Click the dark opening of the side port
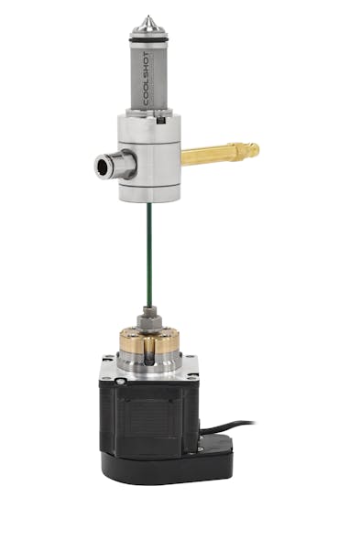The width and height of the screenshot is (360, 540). [103, 166]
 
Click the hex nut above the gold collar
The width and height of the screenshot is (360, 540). [147, 322]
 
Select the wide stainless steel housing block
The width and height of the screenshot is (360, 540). [151, 156]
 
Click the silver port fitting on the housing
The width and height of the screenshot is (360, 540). [116, 166]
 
